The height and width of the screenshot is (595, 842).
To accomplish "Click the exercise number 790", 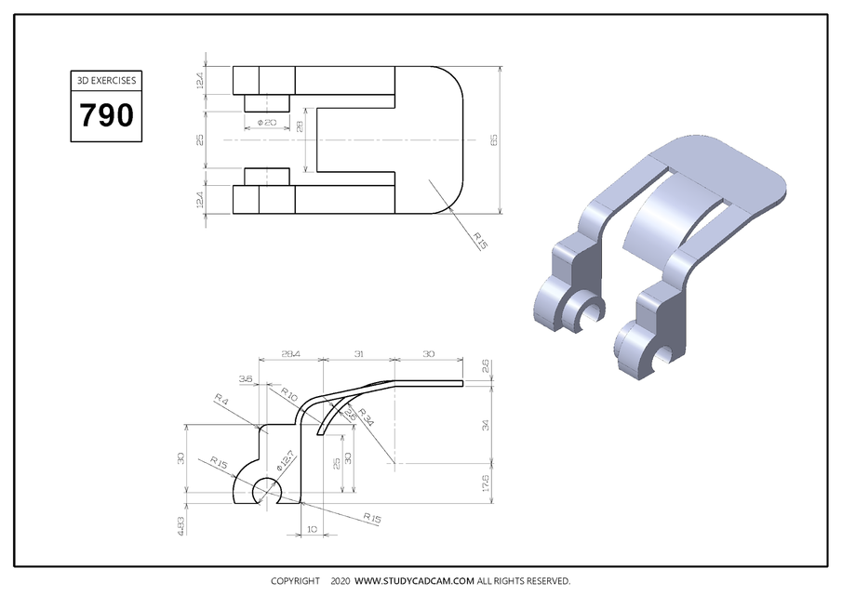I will (106, 115).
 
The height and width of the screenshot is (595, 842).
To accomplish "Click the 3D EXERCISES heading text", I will (106, 81).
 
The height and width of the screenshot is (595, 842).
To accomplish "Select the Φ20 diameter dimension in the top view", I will (265, 123).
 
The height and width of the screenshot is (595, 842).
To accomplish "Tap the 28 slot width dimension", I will (300, 126).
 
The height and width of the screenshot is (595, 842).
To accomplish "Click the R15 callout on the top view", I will (480, 241).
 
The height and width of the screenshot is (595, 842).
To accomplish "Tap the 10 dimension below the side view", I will (311, 529).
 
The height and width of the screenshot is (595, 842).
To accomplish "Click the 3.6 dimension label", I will (246, 379).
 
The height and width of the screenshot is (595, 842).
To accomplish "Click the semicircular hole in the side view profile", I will (267, 490).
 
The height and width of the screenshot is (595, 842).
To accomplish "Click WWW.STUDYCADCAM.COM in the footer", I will (415, 581).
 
